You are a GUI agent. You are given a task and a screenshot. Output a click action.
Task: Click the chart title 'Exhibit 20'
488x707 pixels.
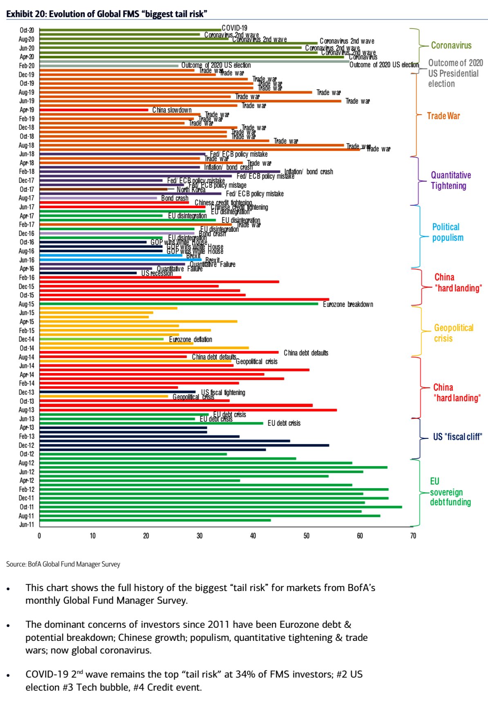107,14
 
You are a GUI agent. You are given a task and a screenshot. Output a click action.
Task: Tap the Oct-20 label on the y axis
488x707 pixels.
27,30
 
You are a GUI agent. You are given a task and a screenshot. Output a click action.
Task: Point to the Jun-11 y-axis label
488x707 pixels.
27,525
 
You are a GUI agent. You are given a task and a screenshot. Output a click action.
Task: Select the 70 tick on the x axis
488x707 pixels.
413,536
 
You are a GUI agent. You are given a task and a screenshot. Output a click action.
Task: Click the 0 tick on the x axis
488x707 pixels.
39,536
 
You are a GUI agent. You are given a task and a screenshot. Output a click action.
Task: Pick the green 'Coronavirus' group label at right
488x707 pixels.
451,45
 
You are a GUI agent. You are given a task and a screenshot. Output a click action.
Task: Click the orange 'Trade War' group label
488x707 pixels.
443,116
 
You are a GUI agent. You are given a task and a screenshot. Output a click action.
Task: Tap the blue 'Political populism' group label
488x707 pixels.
448,232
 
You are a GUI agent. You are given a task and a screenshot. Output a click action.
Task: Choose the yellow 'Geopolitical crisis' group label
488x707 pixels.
453,333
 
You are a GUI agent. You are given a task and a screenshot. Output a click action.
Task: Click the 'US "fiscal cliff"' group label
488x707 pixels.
457,437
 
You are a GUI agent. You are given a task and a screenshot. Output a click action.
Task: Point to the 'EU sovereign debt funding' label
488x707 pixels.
450,492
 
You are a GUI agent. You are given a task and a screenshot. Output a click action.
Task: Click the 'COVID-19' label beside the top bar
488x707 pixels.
235,28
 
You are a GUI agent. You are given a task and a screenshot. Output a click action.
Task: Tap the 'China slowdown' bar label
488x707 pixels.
172,110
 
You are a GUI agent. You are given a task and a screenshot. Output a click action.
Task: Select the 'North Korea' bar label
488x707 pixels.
191,190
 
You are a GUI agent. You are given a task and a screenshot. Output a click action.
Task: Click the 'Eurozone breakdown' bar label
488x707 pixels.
348,305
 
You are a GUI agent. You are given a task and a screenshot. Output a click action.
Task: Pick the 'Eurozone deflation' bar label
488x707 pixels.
190,340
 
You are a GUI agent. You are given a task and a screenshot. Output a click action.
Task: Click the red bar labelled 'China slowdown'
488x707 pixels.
94,110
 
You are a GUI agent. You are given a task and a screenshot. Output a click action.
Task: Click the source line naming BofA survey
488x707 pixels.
63,564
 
